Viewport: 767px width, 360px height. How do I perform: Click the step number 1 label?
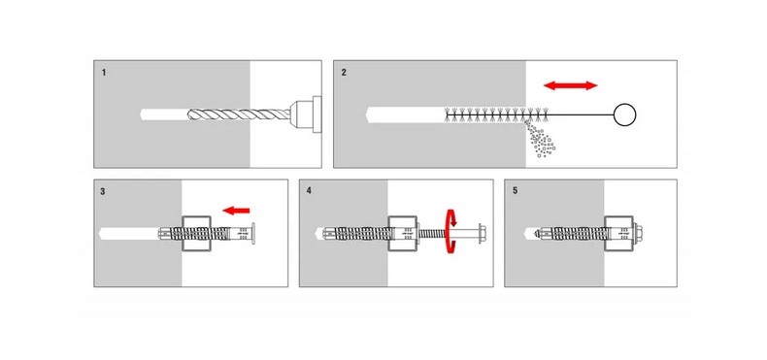click(104, 73)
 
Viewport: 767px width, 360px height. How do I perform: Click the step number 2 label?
click(344, 73)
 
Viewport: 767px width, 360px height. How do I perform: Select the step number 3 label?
click(103, 192)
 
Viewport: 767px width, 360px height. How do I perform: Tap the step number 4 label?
click(309, 191)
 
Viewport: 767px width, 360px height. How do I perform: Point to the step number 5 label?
click(516, 191)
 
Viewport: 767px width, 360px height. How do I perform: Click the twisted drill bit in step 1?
click(238, 115)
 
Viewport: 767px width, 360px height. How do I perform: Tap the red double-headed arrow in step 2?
click(570, 85)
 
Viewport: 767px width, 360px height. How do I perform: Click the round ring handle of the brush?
click(624, 115)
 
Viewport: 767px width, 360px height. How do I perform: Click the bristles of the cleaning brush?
click(495, 115)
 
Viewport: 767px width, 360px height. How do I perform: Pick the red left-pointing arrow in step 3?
click(236, 211)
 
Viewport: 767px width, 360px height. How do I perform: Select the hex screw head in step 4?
click(481, 233)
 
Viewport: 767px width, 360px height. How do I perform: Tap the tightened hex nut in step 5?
click(637, 233)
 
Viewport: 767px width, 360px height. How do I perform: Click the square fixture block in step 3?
click(197, 233)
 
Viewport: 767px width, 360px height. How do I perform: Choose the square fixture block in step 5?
click(618, 233)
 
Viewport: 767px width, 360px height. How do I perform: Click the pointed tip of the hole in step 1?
click(141, 115)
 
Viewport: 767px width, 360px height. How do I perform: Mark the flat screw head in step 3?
click(252, 233)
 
